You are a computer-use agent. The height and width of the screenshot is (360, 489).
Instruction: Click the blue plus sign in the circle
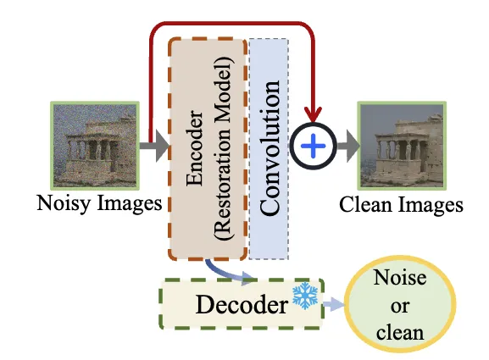click(313, 146)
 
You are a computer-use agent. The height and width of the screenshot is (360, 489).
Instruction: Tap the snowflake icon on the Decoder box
click(305, 296)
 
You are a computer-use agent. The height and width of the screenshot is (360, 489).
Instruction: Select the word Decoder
click(242, 305)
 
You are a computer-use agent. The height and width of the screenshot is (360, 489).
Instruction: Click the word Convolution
click(270, 147)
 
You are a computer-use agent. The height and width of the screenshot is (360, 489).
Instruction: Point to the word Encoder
click(194, 147)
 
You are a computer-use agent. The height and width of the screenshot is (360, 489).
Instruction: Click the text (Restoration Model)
click(224, 147)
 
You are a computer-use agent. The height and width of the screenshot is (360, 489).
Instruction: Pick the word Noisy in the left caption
click(64, 203)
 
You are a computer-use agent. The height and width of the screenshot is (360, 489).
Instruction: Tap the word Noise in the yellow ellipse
click(400, 277)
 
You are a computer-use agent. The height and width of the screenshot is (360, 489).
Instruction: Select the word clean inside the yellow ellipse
click(400, 332)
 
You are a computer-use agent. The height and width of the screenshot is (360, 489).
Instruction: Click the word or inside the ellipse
click(399, 307)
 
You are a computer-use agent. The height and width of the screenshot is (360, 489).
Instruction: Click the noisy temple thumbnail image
click(95, 146)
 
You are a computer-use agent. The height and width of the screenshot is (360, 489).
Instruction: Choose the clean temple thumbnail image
click(402, 146)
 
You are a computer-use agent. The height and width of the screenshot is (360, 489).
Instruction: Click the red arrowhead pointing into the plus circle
click(313, 114)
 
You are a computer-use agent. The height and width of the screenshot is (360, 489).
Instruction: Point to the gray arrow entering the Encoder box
click(154, 146)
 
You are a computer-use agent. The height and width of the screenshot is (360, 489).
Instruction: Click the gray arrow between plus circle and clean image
click(347, 146)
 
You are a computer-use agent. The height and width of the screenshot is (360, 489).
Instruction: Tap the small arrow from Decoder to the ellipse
click(334, 304)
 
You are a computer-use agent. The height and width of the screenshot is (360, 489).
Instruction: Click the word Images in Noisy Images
click(130, 203)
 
